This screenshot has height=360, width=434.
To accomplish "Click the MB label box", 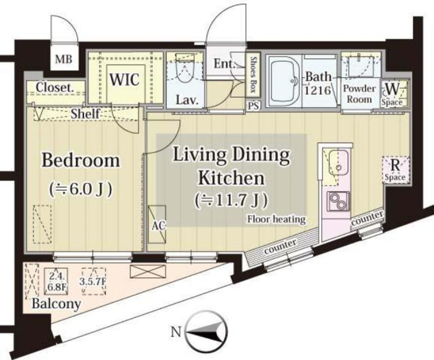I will (x=63, y=60).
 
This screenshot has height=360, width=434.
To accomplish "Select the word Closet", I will (x=55, y=88).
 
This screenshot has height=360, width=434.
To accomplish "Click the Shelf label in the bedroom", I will (x=85, y=114).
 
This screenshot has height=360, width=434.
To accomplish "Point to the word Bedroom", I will (x=81, y=160).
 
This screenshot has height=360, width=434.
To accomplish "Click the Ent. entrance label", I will (x=225, y=64).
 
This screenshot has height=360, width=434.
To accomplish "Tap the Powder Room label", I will (x=359, y=94).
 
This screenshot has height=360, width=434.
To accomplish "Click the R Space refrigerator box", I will (x=396, y=170).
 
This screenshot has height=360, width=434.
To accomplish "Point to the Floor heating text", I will (x=276, y=220).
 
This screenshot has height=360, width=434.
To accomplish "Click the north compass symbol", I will (x=206, y=333).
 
